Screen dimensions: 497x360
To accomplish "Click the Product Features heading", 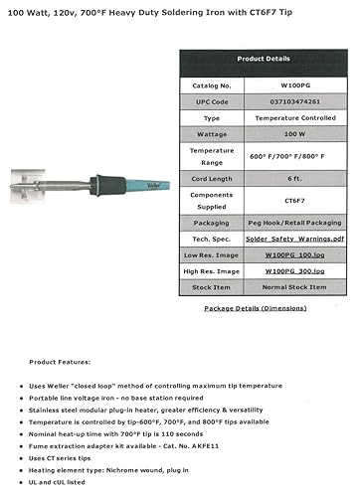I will (61, 361).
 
